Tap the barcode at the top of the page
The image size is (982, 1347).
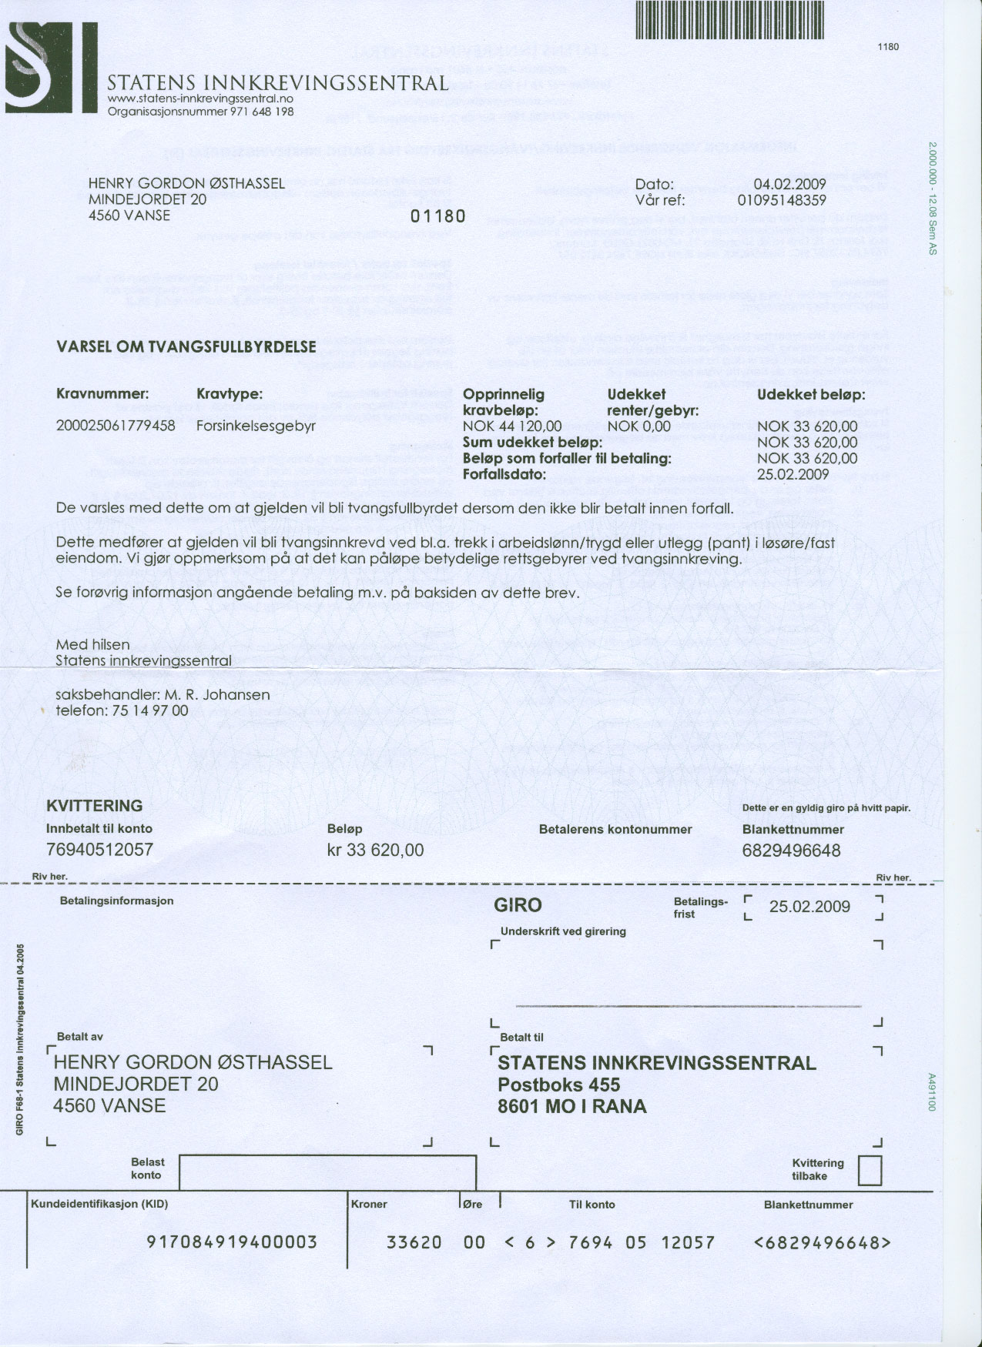pyautogui.click(x=730, y=19)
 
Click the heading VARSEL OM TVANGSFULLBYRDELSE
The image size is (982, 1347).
pyautogui.click(x=186, y=346)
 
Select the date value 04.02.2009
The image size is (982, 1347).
pyautogui.click(x=789, y=184)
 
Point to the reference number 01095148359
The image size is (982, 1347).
pyautogui.click(x=782, y=200)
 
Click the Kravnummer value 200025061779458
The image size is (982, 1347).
pyautogui.click(x=116, y=426)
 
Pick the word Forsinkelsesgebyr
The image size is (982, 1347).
pyautogui.click(x=256, y=426)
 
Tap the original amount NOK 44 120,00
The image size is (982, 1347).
pyautogui.click(x=512, y=426)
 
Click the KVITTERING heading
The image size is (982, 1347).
pyautogui.click(x=94, y=806)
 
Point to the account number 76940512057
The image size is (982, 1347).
pyautogui.click(x=99, y=850)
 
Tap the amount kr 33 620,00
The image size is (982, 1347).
pyautogui.click(x=375, y=850)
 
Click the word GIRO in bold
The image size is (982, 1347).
pyautogui.click(x=518, y=905)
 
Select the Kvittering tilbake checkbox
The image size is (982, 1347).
pyautogui.click(x=870, y=1171)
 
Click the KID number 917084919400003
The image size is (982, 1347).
pyautogui.click(x=232, y=1242)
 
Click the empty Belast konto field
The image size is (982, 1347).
pyautogui.click(x=327, y=1172)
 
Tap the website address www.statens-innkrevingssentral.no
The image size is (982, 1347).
pyautogui.click(x=200, y=99)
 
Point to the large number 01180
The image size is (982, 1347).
pyautogui.click(x=438, y=216)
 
